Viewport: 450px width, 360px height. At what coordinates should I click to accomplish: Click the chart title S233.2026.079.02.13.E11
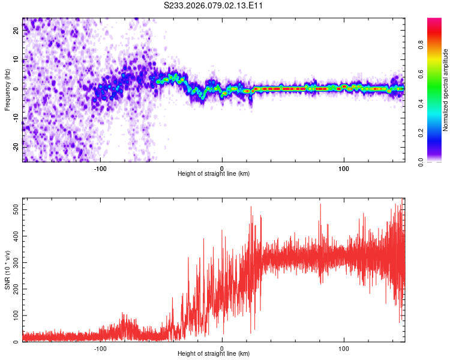tap(214, 5)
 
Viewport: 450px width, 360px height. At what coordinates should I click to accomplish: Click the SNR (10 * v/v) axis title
tap(7, 270)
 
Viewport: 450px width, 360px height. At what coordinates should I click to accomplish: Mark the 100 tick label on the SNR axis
tap(15, 315)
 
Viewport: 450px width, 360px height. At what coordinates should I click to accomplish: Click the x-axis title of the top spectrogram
tap(214, 174)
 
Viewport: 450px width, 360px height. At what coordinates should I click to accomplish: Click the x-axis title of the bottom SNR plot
tap(214, 354)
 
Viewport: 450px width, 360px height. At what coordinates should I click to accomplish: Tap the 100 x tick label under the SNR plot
tap(344, 347)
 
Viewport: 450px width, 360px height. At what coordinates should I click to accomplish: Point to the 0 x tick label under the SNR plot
tap(222, 347)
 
